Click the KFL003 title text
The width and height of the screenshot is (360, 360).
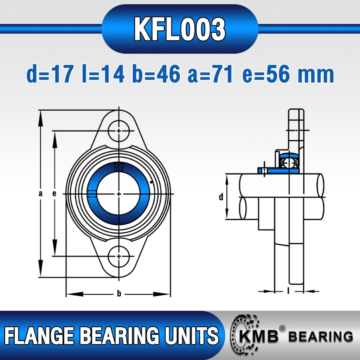tap(180, 29)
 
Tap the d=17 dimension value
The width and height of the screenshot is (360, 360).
tap(50, 74)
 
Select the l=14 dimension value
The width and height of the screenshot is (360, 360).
tap(103, 74)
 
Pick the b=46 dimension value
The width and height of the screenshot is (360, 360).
tap(156, 74)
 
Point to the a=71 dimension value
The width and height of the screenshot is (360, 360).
tap(210, 74)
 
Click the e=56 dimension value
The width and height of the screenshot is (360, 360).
tap(266, 74)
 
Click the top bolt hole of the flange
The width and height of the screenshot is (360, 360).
tap(119, 131)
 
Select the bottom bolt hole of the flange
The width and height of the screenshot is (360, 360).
tap(119, 256)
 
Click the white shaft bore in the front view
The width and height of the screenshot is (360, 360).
tap(119, 194)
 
